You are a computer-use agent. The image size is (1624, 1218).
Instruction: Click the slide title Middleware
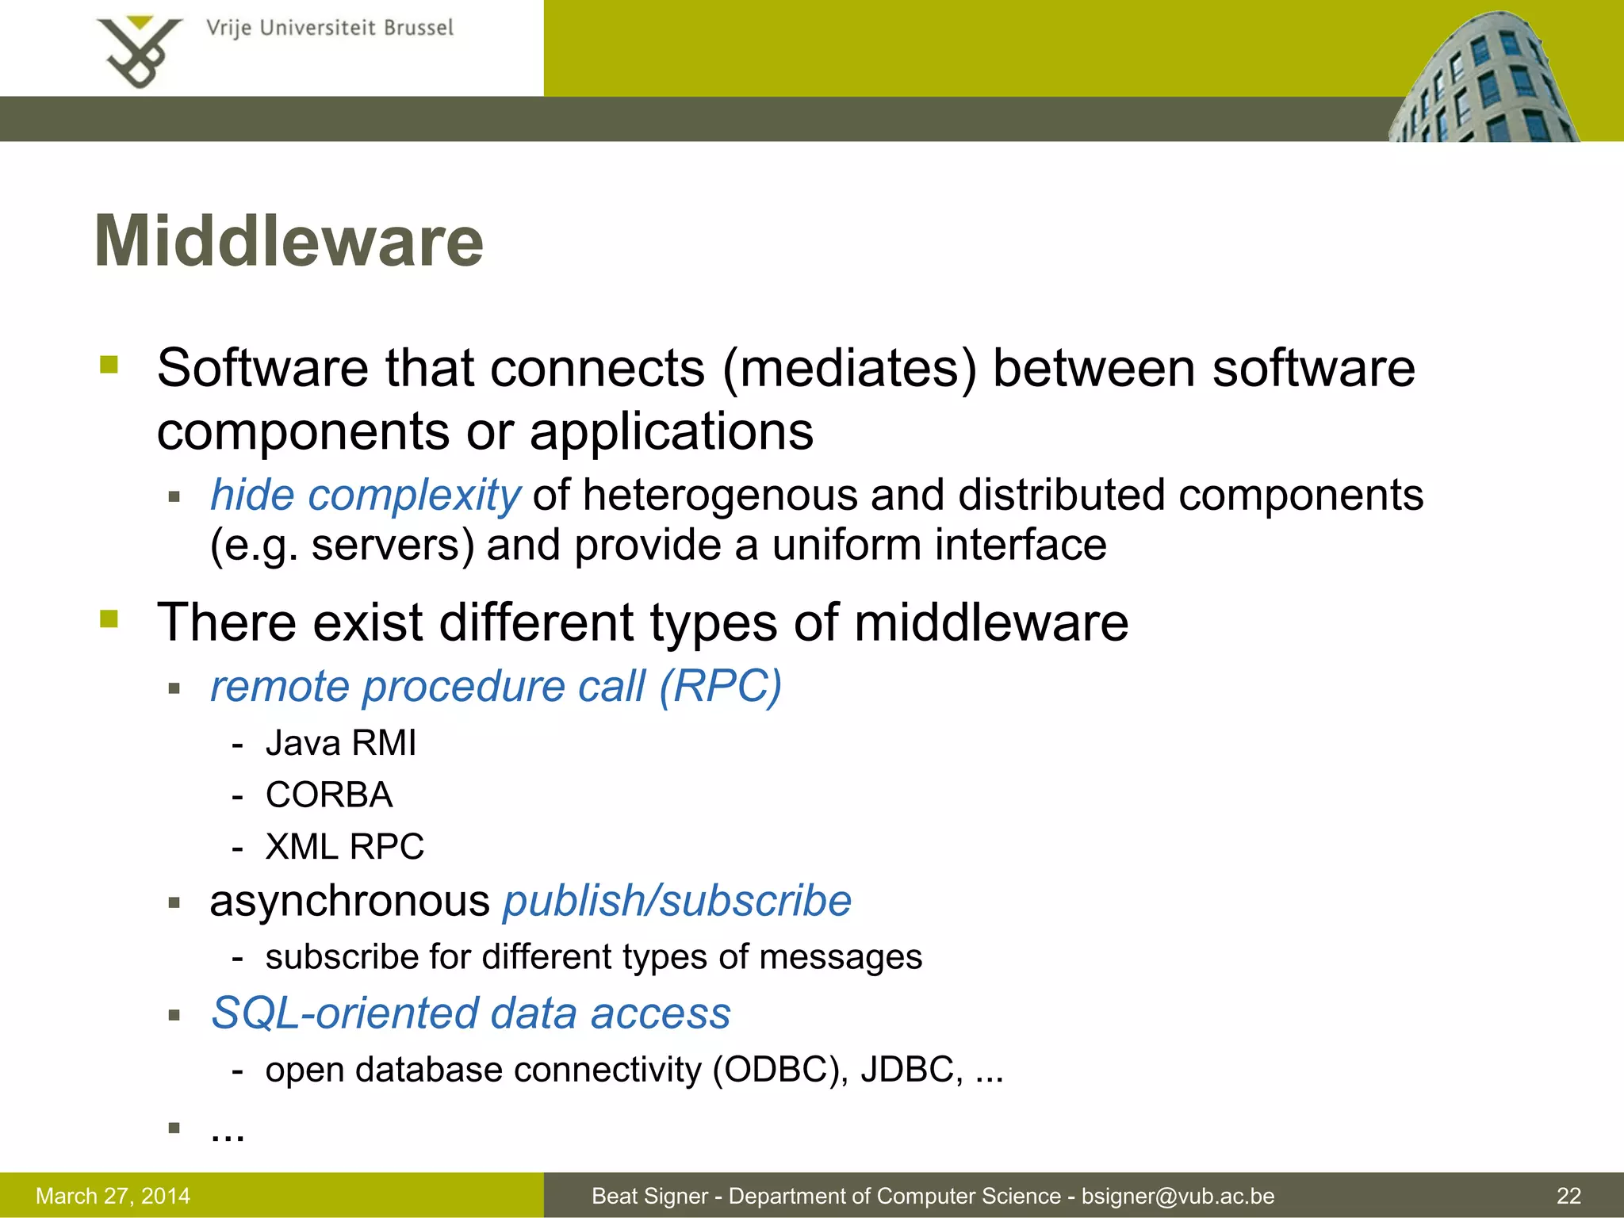[x=289, y=242]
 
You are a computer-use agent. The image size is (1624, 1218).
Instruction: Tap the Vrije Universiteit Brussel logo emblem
[x=140, y=52]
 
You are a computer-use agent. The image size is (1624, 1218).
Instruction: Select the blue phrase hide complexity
[x=365, y=496]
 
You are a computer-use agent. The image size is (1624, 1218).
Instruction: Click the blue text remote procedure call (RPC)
[x=496, y=686]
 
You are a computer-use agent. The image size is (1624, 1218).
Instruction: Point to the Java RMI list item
[x=340, y=744]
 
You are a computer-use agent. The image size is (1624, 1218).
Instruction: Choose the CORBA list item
[x=329, y=795]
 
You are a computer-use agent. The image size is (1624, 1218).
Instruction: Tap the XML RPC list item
[x=344, y=847]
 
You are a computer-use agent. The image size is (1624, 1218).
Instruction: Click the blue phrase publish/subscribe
[x=677, y=902]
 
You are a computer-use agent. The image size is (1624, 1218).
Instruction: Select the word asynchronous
[x=350, y=902]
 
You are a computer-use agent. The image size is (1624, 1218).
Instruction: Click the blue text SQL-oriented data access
[x=470, y=1014]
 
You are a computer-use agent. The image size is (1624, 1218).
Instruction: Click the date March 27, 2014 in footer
[x=113, y=1196]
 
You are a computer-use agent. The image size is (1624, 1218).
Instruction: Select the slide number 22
[x=1568, y=1196]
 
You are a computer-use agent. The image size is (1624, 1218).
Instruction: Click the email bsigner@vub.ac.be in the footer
[x=1178, y=1196]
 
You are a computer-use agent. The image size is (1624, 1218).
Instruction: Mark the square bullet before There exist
[x=109, y=619]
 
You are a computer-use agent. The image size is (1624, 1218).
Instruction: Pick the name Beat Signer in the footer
[x=649, y=1196]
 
